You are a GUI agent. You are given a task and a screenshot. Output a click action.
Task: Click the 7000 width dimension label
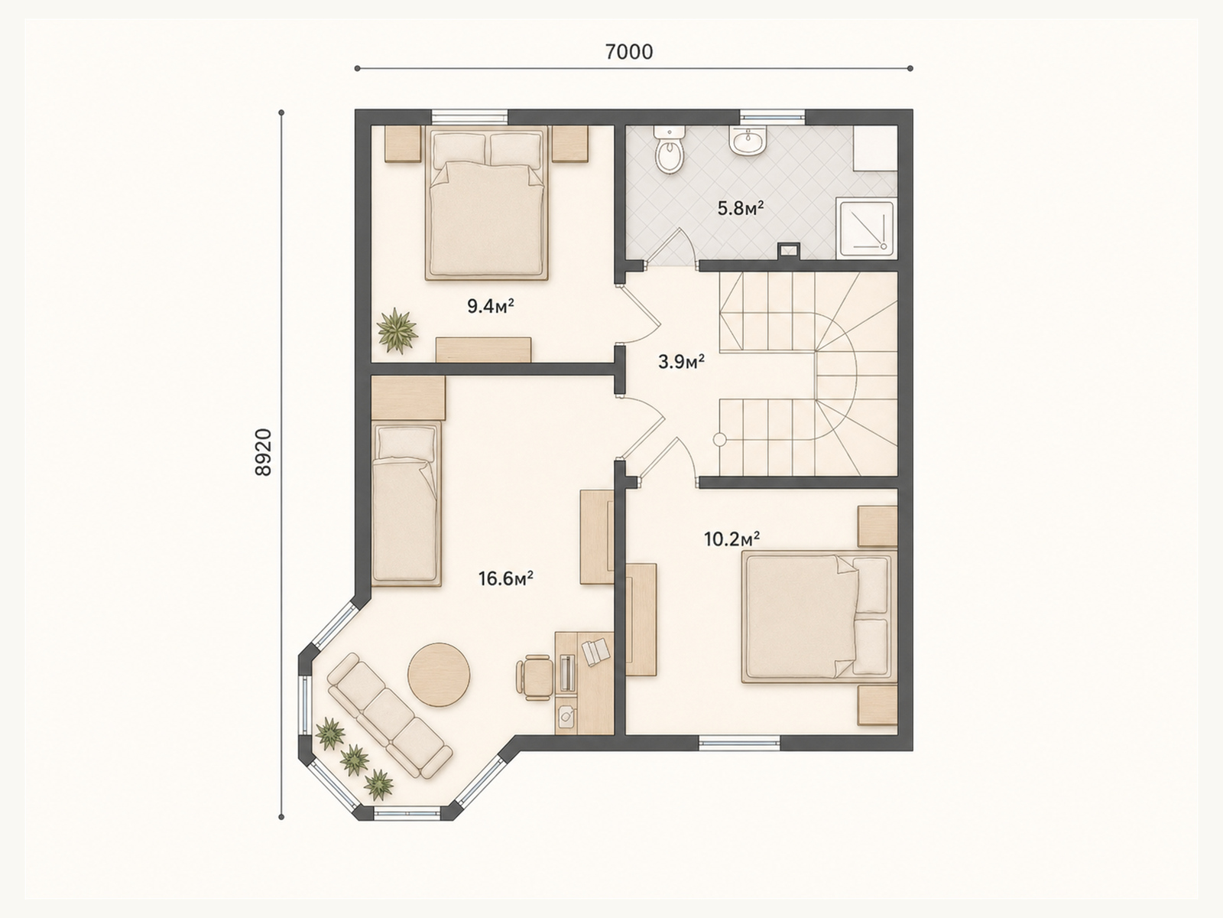click(x=628, y=52)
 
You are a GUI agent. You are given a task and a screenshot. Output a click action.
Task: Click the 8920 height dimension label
click(x=262, y=452)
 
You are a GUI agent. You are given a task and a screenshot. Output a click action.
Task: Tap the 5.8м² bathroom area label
click(x=740, y=208)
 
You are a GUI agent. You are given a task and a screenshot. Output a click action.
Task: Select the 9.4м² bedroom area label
click(x=490, y=305)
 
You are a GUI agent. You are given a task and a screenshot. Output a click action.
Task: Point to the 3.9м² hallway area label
click(x=681, y=362)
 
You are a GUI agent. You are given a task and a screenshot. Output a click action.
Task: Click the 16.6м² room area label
click(x=506, y=578)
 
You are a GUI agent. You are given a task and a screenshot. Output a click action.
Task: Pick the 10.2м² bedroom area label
click(x=732, y=539)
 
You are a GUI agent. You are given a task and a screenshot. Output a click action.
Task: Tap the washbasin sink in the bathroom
click(x=748, y=138)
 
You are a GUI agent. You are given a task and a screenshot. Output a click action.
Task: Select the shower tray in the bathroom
click(x=866, y=229)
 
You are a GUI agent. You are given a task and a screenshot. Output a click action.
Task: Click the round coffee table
click(x=439, y=675)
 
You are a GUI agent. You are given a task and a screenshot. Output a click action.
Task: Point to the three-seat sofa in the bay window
click(x=389, y=715)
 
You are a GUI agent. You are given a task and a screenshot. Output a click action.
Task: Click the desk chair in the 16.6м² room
click(x=534, y=677)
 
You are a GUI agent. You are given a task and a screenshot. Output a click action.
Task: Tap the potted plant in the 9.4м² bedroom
click(x=397, y=330)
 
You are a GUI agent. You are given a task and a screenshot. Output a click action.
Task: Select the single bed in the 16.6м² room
click(x=406, y=504)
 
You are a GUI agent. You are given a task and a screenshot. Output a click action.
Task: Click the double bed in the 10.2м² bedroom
click(x=819, y=617)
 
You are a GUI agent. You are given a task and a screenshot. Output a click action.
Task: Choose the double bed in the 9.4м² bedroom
click(x=486, y=203)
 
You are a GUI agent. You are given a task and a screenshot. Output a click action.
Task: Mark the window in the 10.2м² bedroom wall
click(x=739, y=742)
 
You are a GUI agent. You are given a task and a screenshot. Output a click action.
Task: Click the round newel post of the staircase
click(x=719, y=440)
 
